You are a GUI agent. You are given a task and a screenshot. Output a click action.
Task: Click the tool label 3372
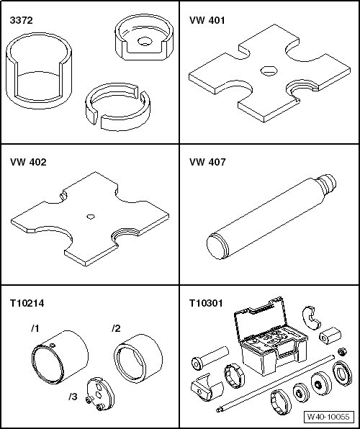(x=21, y=20)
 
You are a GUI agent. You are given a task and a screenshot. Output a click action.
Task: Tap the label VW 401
(x=207, y=20)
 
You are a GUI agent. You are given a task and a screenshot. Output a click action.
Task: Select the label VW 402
(x=28, y=162)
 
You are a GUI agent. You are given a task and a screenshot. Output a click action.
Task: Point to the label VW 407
(x=207, y=162)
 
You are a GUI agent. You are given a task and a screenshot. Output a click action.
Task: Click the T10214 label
(x=27, y=303)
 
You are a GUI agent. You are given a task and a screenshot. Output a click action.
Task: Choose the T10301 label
(x=206, y=303)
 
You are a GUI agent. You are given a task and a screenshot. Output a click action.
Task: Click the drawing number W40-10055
(x=328, y=417)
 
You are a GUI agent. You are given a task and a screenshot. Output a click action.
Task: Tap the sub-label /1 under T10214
(x=35, y=329)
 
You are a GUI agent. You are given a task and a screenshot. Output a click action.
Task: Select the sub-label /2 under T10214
(x=116, y=328)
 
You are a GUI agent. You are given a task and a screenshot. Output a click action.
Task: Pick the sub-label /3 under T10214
(x=73, y=397)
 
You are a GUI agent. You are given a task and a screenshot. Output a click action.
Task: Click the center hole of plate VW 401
(x=269, y=71)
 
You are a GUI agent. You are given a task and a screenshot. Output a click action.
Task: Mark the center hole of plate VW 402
(x=91, y=217)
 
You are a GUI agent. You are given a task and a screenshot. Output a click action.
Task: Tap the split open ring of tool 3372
(x=117, y=107)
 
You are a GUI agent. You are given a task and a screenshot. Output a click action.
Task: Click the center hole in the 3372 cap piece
(x=145, y=42)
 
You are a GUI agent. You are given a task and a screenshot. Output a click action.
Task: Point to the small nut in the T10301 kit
(x=342, y=351)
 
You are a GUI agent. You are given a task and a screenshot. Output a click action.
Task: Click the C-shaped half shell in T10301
(x=312, y=317)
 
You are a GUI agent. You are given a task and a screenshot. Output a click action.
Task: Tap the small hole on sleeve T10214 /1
(x=53, y=345)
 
